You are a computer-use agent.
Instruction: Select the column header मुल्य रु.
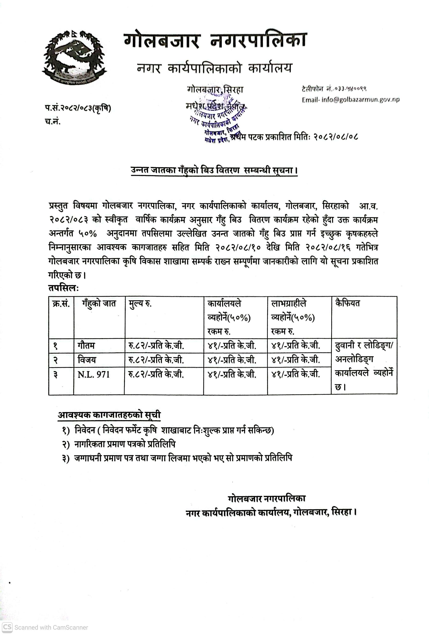(x=140, y=303)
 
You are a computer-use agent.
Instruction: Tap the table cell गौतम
(x=86, y=346)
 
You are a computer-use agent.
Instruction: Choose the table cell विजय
(x=87, y=360)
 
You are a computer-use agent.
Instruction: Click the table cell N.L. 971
(x=94, y=374)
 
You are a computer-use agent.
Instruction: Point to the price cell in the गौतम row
(x=156, y=346)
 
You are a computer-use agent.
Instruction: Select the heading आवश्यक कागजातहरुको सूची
(x=109, y=415)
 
